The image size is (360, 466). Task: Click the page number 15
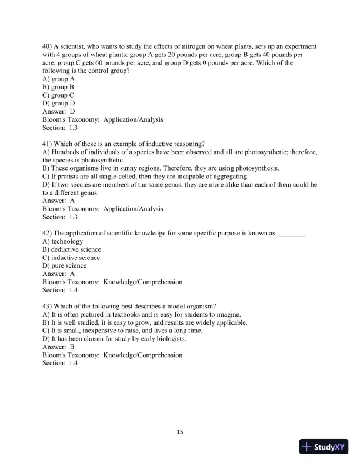coord(180,432)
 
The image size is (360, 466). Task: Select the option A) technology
coord(62,241)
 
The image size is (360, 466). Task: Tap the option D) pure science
coord(65,265)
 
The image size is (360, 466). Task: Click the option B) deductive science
coord(71,249)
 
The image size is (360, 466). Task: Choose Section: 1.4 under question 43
coord(60,363)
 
